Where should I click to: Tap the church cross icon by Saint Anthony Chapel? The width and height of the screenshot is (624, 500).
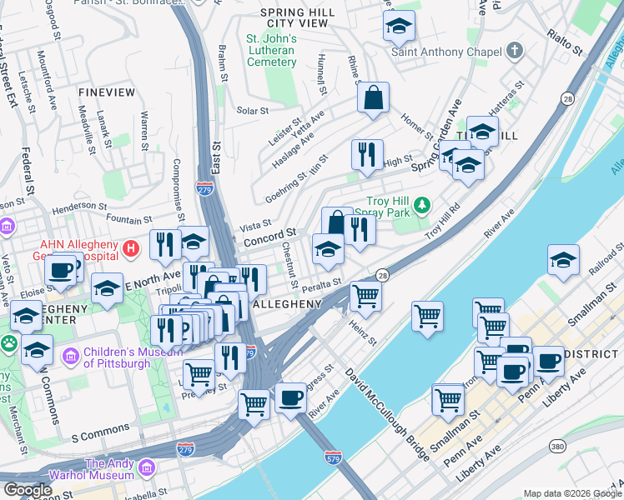pos(515,52)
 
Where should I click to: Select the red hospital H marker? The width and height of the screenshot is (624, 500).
pos(131,247)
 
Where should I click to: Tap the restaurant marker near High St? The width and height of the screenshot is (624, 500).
pos(367,153)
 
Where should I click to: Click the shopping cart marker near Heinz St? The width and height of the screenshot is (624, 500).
pos(365,295)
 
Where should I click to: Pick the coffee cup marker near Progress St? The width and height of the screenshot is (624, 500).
pos(290,397)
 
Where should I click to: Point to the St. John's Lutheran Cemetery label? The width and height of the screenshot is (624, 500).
pos(271,50)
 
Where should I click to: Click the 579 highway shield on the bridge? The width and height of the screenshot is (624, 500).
pos(331,457)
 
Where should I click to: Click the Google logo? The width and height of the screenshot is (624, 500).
pos(28,490)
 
